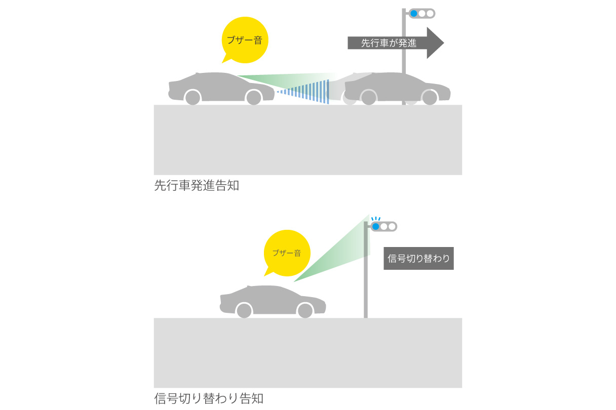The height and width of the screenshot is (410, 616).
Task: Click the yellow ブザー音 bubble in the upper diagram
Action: point(245,40)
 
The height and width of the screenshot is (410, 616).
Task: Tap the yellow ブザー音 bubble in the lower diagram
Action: point(287,253)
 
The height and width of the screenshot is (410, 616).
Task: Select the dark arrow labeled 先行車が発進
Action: point(396,43)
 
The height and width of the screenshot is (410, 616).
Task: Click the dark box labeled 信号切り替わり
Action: point(418,258)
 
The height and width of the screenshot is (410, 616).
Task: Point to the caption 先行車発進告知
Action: point(197,185)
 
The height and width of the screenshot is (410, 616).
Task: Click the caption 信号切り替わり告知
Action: point(209,398)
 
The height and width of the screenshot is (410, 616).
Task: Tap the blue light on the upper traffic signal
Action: point(413,14)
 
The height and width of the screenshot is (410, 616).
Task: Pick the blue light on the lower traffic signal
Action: point(375,227)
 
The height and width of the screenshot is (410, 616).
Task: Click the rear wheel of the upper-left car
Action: point(193,97)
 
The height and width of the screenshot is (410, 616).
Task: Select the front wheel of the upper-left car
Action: point(254,97)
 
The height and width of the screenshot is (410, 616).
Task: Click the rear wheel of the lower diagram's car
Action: point(244,310)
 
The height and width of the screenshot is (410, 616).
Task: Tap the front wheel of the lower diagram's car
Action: point(305,310)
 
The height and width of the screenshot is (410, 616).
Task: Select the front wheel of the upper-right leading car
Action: point(430,97)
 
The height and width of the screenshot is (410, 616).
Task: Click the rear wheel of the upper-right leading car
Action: point(369,97)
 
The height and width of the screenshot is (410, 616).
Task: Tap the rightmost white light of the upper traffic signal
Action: point(430,14)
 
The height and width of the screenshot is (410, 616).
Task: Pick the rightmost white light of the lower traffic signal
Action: point(392,227)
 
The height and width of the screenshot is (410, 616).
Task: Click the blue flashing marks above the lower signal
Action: point(376,219)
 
